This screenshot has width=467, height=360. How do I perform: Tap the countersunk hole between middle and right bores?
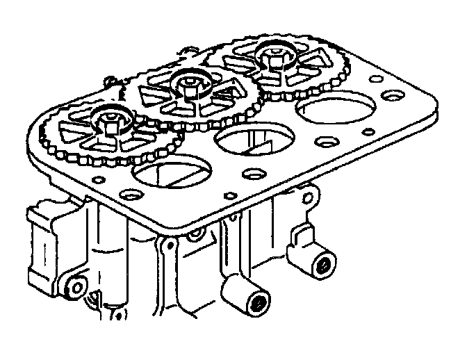click(x=324, y=142)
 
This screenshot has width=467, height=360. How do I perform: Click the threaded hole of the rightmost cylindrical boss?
click(x=322, y=265)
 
